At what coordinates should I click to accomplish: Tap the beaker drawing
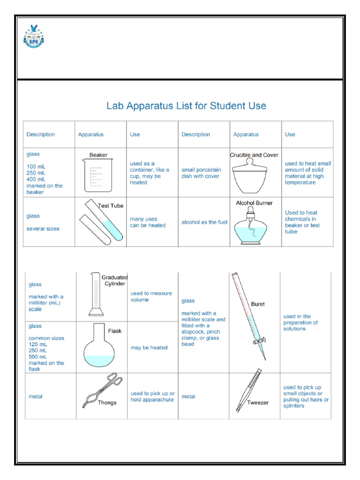tap(98, 175)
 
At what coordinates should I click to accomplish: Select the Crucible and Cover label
tap(254, 155)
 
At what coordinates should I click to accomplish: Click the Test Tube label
tap(110, 205)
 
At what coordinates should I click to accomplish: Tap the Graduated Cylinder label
tap(115, 280)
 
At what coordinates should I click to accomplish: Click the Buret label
tap(258, 304)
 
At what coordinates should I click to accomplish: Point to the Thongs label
tap(107, 402)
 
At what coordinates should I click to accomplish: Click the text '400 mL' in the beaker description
tap(37, 179)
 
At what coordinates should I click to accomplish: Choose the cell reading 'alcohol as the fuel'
tap(204, 222)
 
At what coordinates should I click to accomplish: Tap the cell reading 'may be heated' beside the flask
tap(149, 348)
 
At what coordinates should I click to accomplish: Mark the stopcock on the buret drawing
tap(260, 340)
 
